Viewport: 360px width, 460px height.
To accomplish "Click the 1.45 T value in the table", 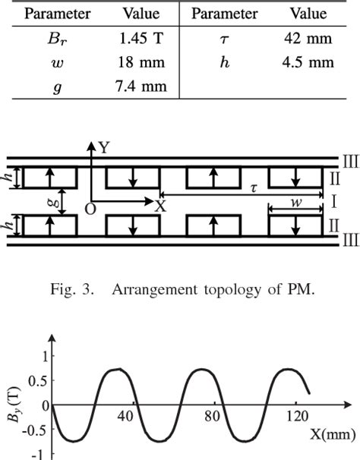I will pos(137,39).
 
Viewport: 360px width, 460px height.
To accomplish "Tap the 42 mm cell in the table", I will pos(308,39).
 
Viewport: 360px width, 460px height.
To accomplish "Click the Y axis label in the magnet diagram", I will pos(103,150).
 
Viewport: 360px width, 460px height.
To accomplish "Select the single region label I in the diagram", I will pos(333,202).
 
